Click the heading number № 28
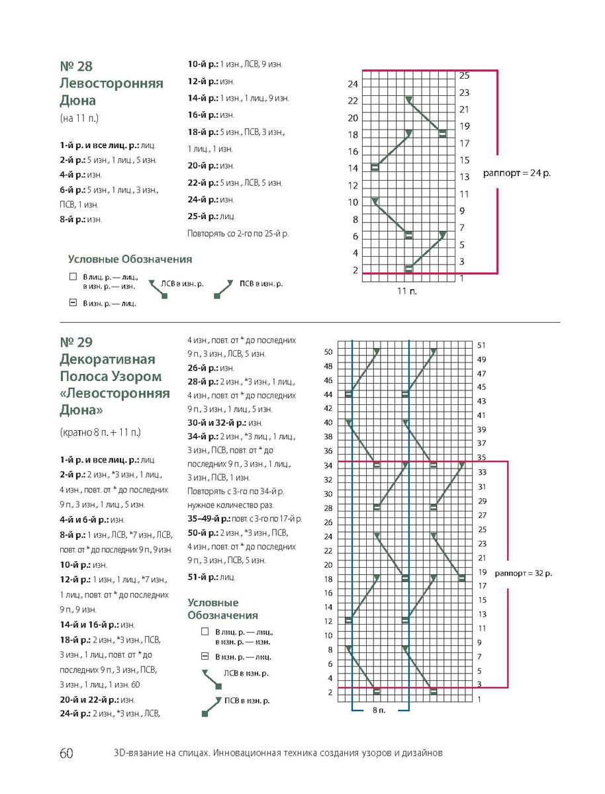pyautogui.click(x=76, y=67)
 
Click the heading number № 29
pyautogui.click(x=76, y=342)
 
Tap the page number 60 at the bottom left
pyautogui.click(x=66, y=754)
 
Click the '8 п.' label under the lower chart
pyautogui.click(x=377, y=710)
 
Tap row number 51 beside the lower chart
pyautogui.click(x=481, y=345)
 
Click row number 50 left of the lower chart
pyautogui.click(x=327, y=352)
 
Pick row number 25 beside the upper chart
pyautogui.click(x=464, y=75)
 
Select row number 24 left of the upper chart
pyautogui.click(x=353, y=84)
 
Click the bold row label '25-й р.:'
pyautogui.click(x=203, y=216)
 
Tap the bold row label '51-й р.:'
pyautogui.click(x=203, y=577)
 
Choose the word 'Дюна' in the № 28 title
pyautogui.click(x=77, y=101)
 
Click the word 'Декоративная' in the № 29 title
pyautogui.click(x=107, y=359)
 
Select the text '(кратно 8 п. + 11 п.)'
pyautogui.click(x=99, y=432)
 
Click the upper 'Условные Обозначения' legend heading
pyautogui.click(x=130, y=259)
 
